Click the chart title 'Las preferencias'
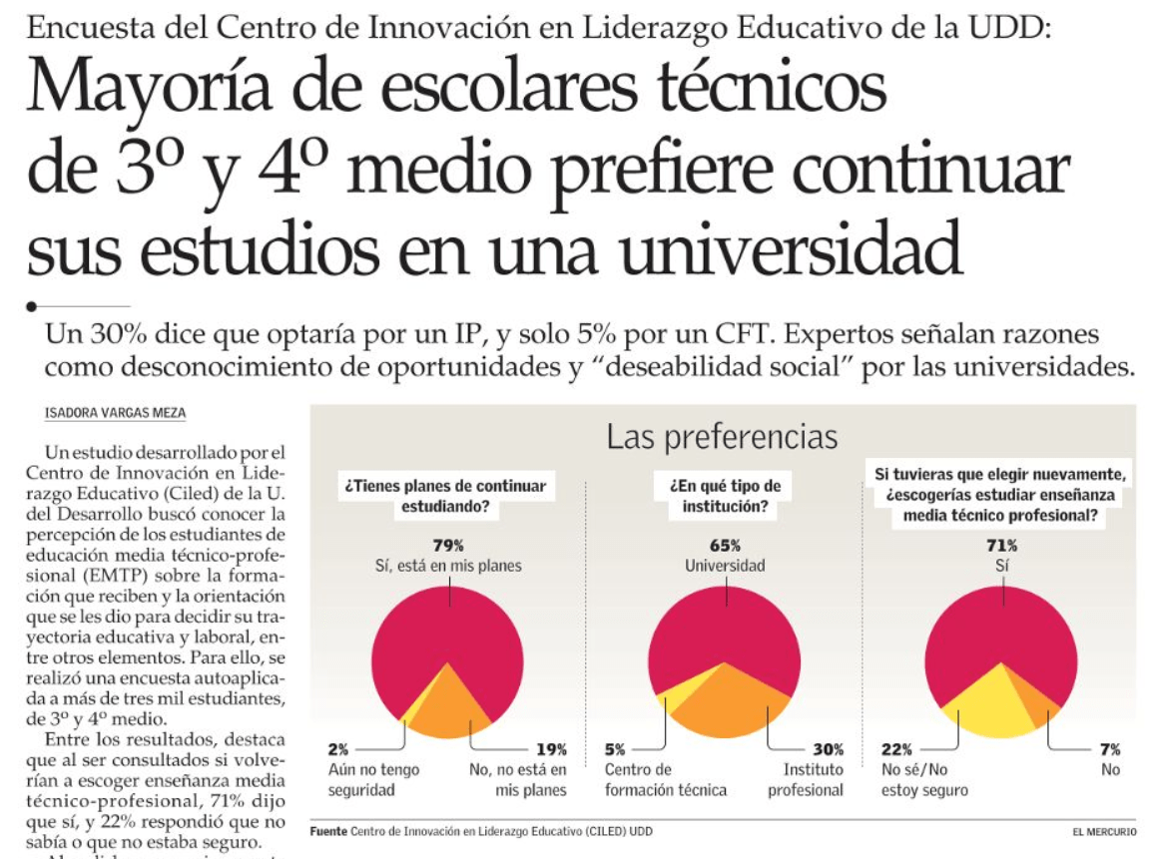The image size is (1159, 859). click(x=723, y=437)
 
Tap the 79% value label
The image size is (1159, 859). click(x=448, y=546)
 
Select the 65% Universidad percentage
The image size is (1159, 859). click(x=726, y=546)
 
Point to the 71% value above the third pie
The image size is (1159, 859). click(x=1002, y=546)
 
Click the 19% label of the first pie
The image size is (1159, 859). click(x=551, y=749)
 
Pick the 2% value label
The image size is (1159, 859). click(x=339, y=749)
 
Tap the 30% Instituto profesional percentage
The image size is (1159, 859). click(x=828, y=749)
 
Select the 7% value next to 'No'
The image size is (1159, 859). click(x=1110, y=749)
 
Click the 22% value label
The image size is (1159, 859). click(x=895, y=749)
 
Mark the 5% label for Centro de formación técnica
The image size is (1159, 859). click(x=616, y=749)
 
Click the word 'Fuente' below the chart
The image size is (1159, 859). click(x=327, y=831)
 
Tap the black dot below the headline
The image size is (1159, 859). click(x=32, y=306)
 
